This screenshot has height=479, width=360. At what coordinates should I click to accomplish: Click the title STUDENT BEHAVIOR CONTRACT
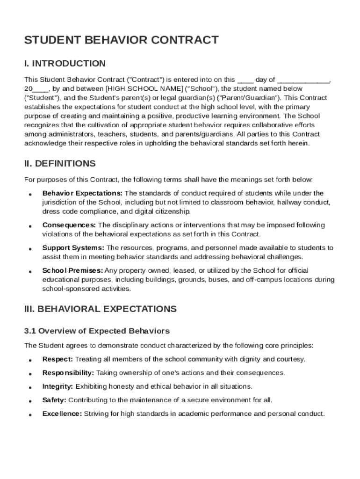[121, 40]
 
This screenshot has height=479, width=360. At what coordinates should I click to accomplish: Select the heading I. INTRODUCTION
[65, 64]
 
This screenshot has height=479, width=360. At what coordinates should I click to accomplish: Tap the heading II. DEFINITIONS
[60, 164]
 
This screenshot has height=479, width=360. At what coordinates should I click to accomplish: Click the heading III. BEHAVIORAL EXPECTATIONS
[100, 309]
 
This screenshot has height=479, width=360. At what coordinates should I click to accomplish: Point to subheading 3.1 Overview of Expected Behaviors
[97, 331]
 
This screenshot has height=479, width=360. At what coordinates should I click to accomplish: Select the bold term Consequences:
[70, 225]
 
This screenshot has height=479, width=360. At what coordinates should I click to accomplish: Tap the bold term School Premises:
[72, 270]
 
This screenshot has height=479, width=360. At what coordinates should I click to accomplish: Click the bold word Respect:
[58, 359]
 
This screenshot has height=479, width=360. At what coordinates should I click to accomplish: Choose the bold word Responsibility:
[68, 373]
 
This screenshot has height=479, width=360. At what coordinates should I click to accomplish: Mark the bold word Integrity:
[58, 386]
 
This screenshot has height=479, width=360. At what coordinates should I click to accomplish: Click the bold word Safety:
[54, 400]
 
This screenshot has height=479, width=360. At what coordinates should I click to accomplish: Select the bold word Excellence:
[62, 414]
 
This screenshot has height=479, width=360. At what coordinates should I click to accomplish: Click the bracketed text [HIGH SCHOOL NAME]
[145, 88]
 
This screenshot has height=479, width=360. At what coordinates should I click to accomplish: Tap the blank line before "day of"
[245, 80]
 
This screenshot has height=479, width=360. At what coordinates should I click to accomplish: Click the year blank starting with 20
[36, 88]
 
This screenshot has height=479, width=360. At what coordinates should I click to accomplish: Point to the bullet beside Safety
[30, 401]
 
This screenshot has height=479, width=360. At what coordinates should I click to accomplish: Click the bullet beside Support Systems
[30, 249]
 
